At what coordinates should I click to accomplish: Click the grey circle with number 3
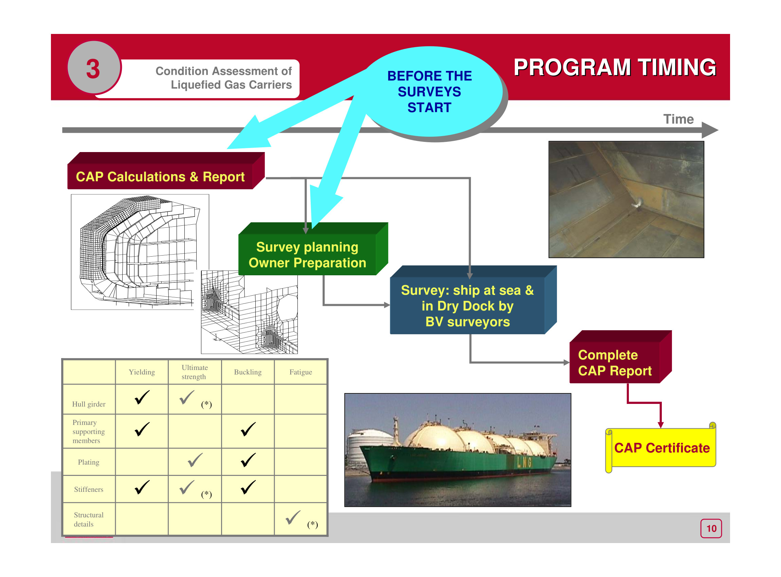(93, 67)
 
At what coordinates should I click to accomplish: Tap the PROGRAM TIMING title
(614, 68)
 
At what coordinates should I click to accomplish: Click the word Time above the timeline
(678, 119)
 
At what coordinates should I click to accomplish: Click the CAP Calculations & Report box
(160, 177)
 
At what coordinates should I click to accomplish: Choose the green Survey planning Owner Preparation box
(307, 255)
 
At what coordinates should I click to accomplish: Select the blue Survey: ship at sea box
(467, 305)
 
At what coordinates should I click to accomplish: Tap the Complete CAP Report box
(615, 362)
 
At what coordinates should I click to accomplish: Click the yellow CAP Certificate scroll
(661, 448)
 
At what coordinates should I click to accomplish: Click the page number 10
(711, 528)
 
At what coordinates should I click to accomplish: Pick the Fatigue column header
(301, 372)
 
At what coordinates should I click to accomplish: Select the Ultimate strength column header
(194, 372)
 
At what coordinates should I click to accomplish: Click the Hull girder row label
(88, 404)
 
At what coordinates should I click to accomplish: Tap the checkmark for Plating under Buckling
(248, 460)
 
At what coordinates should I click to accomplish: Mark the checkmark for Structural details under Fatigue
(293, 518)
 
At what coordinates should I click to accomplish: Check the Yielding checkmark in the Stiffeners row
(142, 488)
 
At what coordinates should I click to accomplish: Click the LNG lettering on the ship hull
(525, 462)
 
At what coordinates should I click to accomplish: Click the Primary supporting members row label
(88, 432)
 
